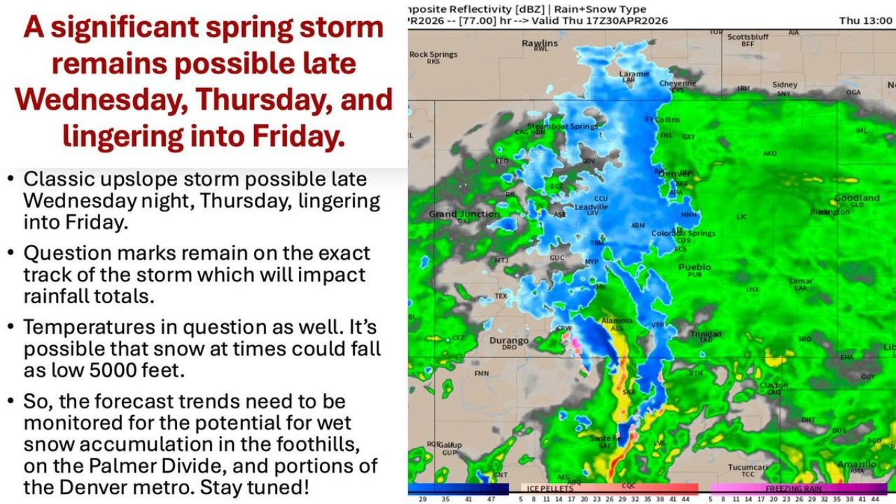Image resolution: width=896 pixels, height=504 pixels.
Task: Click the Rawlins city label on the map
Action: (540, 43)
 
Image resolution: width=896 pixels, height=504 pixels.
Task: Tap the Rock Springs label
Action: (433, 55)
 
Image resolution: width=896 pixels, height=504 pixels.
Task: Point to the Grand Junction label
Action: (464, 213)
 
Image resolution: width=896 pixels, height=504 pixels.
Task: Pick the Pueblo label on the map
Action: (694, 267)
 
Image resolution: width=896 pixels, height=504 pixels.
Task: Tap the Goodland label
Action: (857, 198)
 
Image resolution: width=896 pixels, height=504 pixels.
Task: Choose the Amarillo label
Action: (857, 464)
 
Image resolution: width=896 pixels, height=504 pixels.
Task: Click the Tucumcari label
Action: (748, 467)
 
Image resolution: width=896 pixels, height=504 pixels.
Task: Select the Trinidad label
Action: (705, 335)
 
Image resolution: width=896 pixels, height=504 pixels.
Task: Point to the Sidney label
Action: (785, 85)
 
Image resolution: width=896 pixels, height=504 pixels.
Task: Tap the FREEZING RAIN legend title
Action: (793, 488)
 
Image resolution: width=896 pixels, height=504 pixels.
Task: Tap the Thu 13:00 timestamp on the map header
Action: (865, 21)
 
